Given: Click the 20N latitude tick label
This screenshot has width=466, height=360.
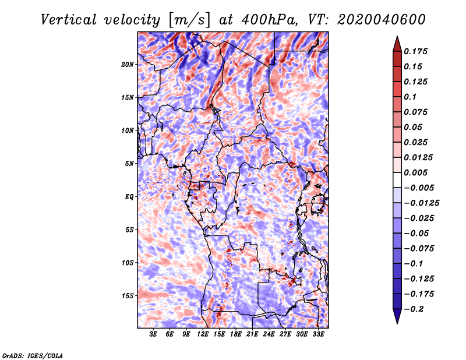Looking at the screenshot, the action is coord(128,65).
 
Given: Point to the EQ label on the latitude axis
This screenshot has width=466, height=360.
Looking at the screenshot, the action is coord(129,197).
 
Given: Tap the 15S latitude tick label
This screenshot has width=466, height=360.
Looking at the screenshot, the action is coord(128,296).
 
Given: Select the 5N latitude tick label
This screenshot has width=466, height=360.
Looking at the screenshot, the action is coord(129,164).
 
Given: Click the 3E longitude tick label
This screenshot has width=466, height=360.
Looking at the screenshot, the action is coord(153,334).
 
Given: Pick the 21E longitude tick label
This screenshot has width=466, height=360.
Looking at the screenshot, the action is coord(252,334).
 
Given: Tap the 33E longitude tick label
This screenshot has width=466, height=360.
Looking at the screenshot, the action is coord(318,334).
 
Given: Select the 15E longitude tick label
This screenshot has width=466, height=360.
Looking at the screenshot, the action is coord(219,334).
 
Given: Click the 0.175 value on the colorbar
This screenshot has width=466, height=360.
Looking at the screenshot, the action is coord(415,51).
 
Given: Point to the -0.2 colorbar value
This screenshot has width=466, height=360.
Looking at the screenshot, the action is coord(414,309).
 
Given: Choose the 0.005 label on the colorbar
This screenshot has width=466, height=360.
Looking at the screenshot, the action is coord(415,172).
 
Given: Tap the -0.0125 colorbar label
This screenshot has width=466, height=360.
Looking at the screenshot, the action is coord(421,203).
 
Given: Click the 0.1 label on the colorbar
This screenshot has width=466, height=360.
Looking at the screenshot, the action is coord(410,97).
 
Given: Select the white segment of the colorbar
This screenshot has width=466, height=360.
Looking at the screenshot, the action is coord(397,180).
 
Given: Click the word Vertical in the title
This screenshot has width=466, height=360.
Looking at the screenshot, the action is coord(69,20).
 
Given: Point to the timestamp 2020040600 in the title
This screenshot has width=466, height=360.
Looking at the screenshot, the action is coord(382,20).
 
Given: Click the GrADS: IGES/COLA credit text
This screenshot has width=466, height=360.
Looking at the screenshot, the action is coord(33,356).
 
